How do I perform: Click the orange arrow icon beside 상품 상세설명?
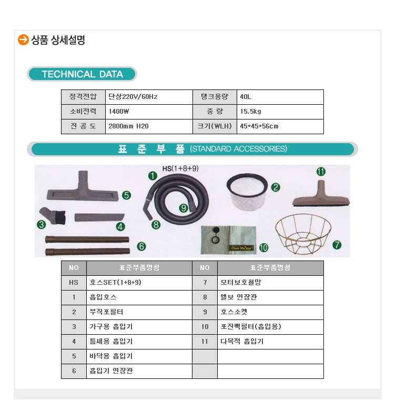(23, 40)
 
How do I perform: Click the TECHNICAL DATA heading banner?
(82, 74)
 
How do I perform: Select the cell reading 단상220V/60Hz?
(133, 97)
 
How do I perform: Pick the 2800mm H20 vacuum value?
(128, 126)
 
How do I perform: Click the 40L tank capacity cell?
(246, 97)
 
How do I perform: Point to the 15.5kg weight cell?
(250, 112)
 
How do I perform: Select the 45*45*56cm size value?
(259, 126)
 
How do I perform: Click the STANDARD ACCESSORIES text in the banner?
(238, 149)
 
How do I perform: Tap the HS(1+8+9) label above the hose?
(180, 168)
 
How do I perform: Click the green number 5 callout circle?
(126, 195)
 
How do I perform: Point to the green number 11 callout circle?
(321, 172)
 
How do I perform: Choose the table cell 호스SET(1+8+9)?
(115, 283)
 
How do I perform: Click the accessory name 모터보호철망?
(241, 283)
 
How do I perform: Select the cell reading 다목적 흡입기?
(242, 342)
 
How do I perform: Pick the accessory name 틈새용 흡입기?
(111, 342)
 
